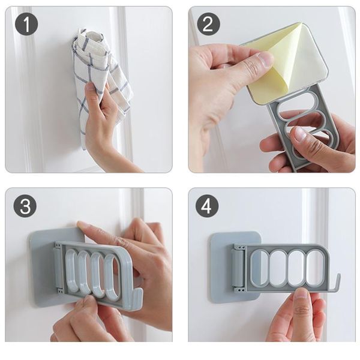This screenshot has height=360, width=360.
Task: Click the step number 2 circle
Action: pyautogui.click(x=208, y=24)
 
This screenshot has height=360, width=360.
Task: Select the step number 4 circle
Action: pyautogui.click(x=207, y=206)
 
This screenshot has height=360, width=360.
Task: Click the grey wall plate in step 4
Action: pyautogui.click(x=219, y=270)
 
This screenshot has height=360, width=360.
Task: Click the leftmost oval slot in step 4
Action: pyautogui.click(x=259, y=268)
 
